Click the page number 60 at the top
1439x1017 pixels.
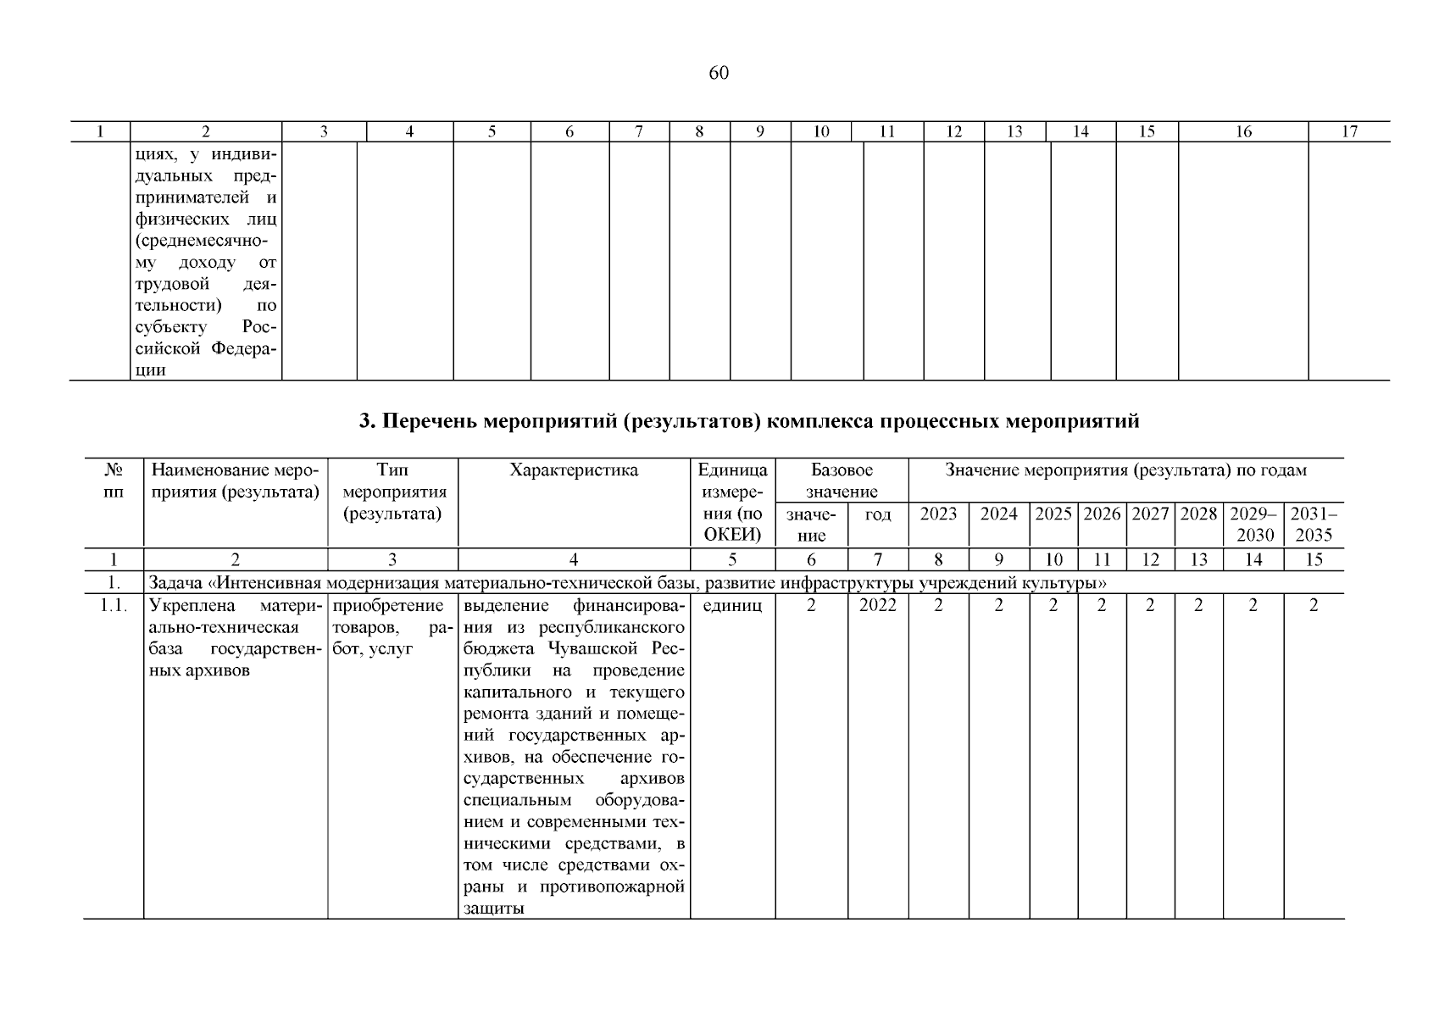coord(718,73)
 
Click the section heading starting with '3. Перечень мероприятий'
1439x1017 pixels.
coord(749,421)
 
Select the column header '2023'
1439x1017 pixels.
coord(938,514)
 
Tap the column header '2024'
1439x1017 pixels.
coord(998,514)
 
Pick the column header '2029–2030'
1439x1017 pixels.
coord(1253,524)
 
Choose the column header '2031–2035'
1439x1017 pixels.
coord(1314,524)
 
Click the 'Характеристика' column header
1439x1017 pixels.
coord(574,470)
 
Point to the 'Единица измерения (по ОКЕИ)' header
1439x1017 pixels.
coord(732,502)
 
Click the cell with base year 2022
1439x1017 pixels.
coord(877,605)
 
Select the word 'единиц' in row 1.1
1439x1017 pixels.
coord(732,605)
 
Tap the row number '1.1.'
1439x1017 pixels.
coord(114,605)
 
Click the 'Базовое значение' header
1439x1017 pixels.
coord(842,481)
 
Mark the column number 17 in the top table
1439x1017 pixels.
coord(1349,131)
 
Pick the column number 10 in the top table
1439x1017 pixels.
coord(820,131)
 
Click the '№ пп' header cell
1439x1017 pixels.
coord(114,481)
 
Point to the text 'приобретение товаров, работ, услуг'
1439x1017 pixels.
coord(392,626)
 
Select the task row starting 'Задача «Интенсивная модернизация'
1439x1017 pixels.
coord(628,582)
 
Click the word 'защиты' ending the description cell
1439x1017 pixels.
coord(494,909)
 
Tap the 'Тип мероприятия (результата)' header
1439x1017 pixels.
coord(392,492)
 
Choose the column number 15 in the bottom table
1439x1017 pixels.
coord(1314,559)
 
